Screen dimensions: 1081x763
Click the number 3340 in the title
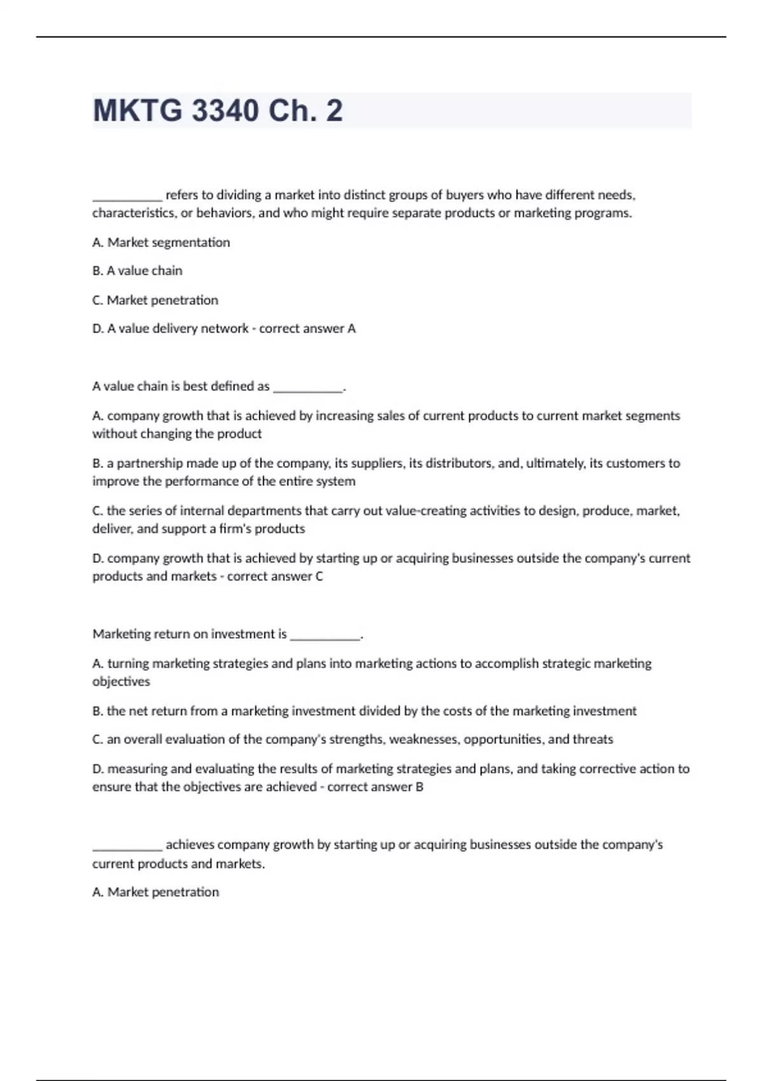(225, 111)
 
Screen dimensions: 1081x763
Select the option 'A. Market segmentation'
(161, 242)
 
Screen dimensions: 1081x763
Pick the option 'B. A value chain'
(137, 271)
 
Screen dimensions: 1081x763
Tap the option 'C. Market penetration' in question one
(155, 300)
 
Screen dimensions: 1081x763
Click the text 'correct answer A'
(307, 329)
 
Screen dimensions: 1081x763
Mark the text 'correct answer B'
(375, 787)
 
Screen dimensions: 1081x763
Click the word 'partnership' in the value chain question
(151, 464)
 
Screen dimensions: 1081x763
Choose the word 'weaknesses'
(423, 740)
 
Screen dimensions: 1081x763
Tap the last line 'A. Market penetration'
(156, 892)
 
